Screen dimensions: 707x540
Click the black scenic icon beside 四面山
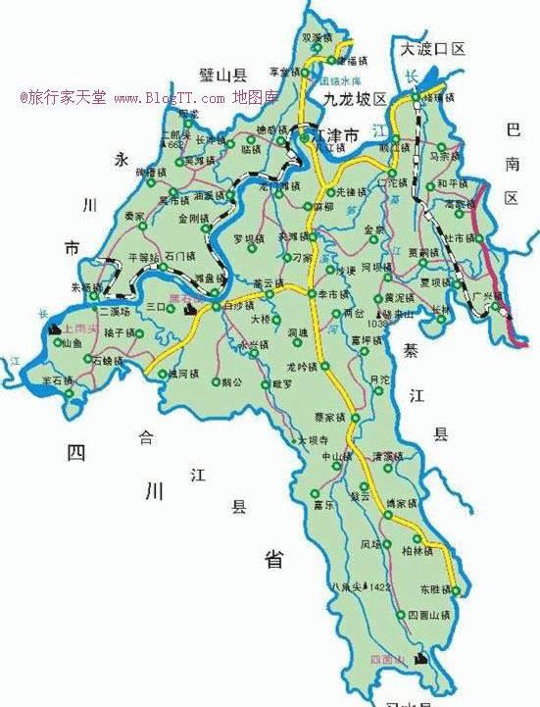(x=422, y=658)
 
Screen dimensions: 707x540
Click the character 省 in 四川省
(x=273, y=560)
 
